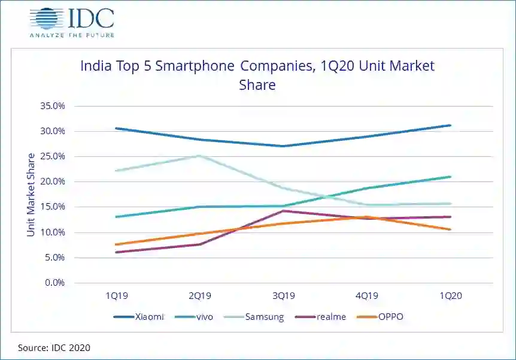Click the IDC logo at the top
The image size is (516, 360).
pos(71,22)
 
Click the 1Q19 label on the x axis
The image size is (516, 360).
pos(116,296)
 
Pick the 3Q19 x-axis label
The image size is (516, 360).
pos(283,296)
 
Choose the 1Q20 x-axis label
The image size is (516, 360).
pos(450,296)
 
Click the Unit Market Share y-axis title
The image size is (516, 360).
pos(31,194)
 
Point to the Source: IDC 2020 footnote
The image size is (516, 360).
pos(54,347)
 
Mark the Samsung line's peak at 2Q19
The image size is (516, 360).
pos(199,156)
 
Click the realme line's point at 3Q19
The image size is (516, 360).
pos(283,211)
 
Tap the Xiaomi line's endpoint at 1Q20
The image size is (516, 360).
pos(450,125)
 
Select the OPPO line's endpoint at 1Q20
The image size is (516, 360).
pos(450,229)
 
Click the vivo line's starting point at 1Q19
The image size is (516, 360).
pos(116,217)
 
